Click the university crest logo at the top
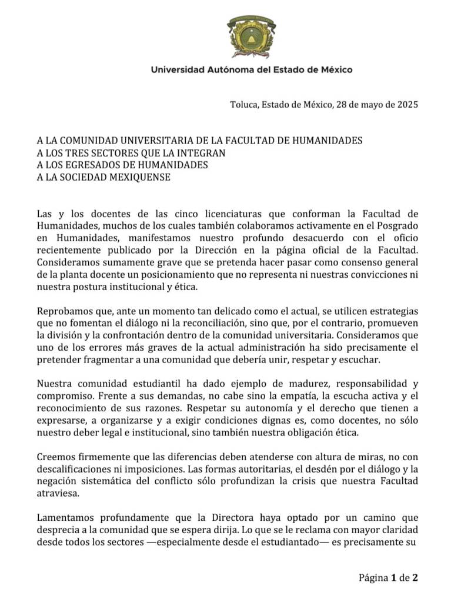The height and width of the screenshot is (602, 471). pyautogui.click(x=252, y=36)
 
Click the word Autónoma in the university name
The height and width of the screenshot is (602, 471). pyautogui.click(x=223, y=70)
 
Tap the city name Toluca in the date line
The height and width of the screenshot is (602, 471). pyautogui.click(x=244, y=105)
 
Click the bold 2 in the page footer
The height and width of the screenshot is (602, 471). pyautogui.click(x=415, y=577)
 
